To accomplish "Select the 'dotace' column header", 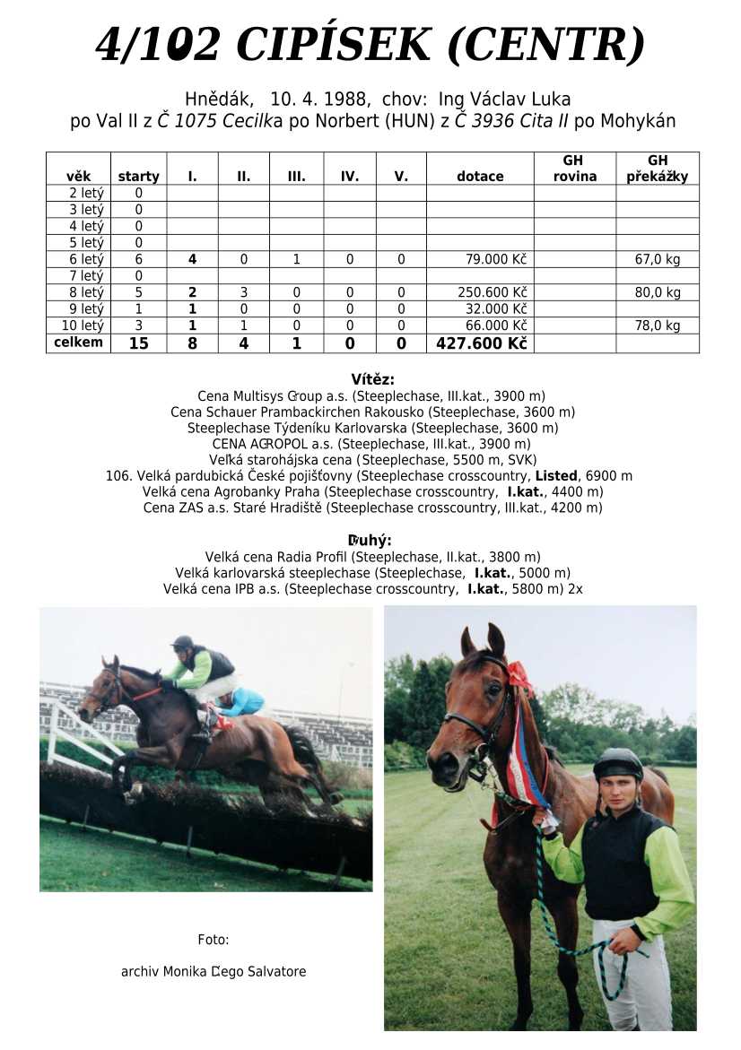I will [x=480, y=177].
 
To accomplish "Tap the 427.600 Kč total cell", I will [x=481, y=343].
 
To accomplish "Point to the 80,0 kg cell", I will [x=658, y=292].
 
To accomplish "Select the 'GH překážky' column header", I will [x=658, y=169].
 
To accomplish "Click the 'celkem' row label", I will [x=79, y=343].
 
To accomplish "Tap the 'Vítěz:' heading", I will [x=372, y=379].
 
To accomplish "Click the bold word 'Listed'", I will [x=555, y=476].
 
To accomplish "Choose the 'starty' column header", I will [x=138, y=177].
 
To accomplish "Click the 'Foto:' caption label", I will [x=214, y=940].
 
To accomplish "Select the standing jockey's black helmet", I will [x=618, y=763].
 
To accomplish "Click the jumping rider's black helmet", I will [x=183, y=642].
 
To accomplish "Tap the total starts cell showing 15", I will [x=138, y=343].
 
